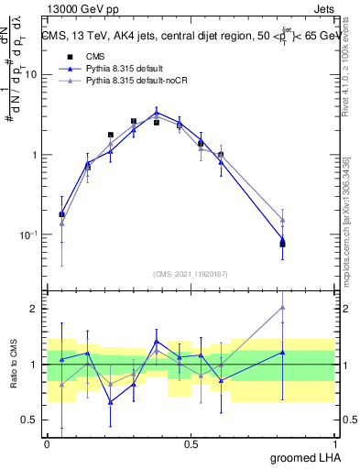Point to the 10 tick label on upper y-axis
[30, 74]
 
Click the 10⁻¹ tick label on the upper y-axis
[27, 234]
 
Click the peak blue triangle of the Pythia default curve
[157, 112]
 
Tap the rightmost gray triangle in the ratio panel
[283, 307]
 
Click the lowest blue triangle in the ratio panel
[111, 402]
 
